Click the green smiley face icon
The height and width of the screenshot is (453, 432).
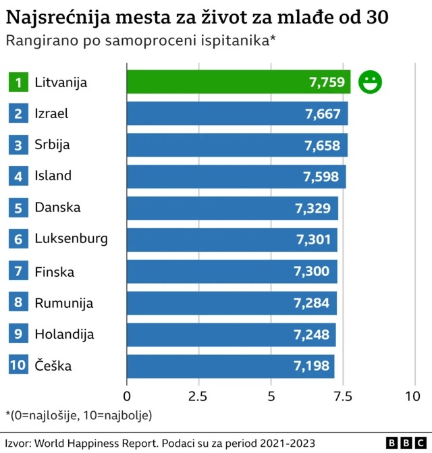coord(369,82)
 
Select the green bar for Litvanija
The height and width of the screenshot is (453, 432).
coord(238,82)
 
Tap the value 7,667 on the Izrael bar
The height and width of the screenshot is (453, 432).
coord(323,113)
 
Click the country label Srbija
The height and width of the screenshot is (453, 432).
coord(53,144)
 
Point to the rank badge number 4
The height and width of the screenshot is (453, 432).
coord(18,176)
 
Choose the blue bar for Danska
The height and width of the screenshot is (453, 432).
coord(232,208)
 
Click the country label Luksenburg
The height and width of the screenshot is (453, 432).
coord(71,238)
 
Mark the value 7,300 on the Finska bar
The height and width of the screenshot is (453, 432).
coord(311,271)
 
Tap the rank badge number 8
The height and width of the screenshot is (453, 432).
coord(18,302)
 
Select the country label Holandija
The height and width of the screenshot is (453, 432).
coord(64,334)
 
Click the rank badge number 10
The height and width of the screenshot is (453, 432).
coord(18,366)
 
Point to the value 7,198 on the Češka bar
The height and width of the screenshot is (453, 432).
coord(311,366)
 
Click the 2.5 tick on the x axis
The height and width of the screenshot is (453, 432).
coord(198,396)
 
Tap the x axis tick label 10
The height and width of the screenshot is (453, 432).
coord(412,396)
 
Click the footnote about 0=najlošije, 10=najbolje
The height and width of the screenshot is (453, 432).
coord(78,415)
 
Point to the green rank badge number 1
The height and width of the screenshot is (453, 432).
coord(18,82)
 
